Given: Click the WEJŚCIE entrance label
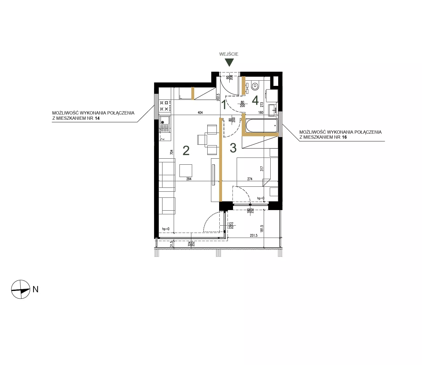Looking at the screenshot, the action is (x=229, y=54).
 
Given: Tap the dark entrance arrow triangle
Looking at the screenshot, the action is (x=229, y=62).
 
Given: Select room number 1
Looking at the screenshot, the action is (x=224, y=105).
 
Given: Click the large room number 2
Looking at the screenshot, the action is (x=186, y=150).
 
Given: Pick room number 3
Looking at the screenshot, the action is (x=233, y=148).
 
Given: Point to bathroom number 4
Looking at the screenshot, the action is (x=255, y=100).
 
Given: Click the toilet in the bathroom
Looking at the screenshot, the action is (x=255, y=85).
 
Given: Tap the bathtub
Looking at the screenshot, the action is (x=262, y=126).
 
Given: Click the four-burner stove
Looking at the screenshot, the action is (x=164, y=106).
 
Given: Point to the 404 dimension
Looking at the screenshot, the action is (x=200, y=113).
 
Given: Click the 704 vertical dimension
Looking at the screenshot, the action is (x=171, y=152).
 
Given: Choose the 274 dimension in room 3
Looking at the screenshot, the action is (x=250, y=179).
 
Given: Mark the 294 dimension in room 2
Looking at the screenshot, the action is (x=189, y=179).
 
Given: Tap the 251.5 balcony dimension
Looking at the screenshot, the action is (x=254, y=236).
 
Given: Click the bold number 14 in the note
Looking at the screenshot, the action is (x=97, y=118).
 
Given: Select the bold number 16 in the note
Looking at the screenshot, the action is (x=344, y=137).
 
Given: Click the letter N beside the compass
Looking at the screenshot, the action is (x=35, y=289).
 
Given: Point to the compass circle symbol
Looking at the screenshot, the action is (x=21, y=289).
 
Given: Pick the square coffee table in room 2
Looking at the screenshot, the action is (x=186, y=171).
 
